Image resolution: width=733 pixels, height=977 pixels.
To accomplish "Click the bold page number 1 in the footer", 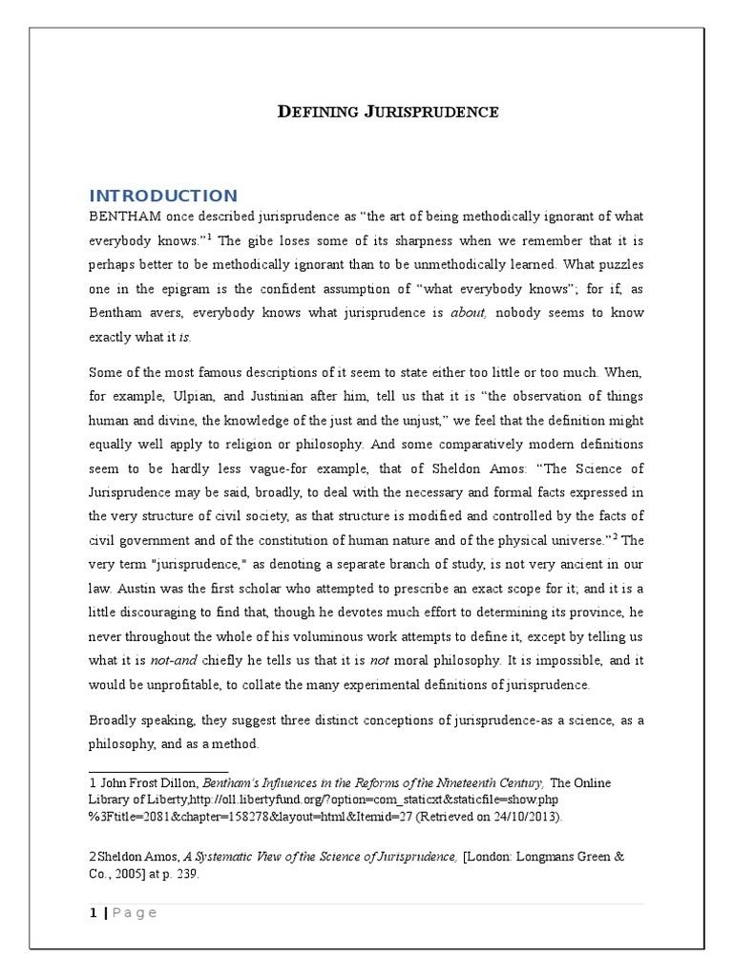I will coord(92,913).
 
